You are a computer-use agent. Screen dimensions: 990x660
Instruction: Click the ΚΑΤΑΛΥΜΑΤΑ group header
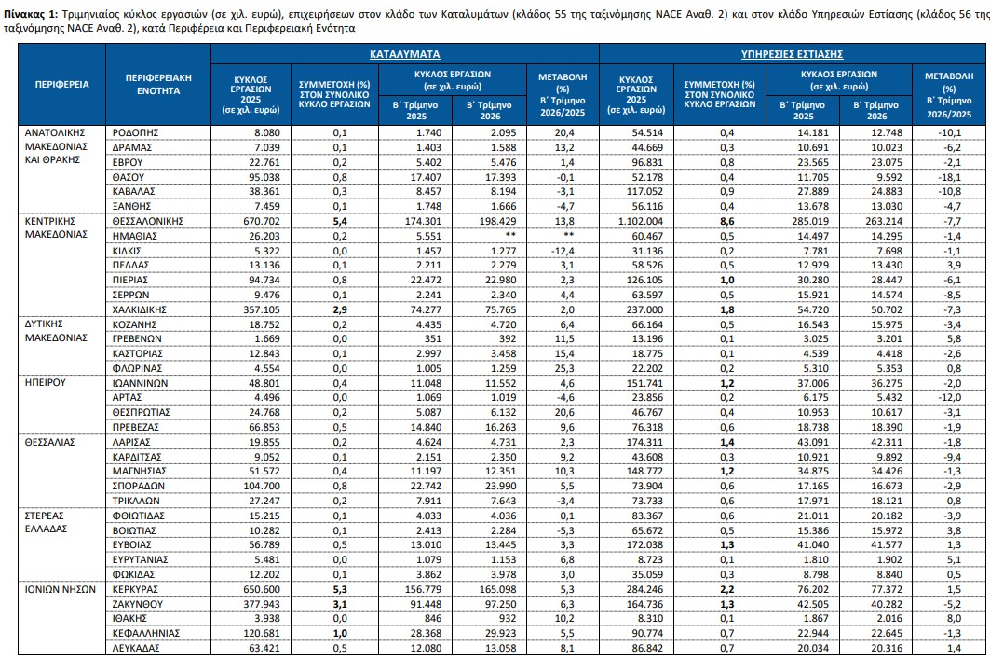tap(405, 54)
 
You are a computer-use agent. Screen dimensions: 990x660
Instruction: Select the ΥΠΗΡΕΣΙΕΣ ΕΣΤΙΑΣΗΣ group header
tap(792, 54)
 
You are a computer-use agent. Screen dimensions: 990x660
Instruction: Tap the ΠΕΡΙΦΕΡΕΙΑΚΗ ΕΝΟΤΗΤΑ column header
tap(158, 84)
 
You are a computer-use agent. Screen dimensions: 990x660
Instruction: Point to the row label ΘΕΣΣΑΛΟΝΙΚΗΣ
tap(148, 221)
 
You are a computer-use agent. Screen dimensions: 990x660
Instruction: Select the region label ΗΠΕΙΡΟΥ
tap(46, 382)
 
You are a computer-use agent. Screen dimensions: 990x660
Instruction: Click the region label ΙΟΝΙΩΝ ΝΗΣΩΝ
tap(61, 589)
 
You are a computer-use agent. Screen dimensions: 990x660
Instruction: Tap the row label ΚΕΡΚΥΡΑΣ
tap(135, 589)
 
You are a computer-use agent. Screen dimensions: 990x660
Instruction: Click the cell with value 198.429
tap(497, 221)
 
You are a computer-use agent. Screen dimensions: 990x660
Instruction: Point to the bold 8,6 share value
tap(726, 221)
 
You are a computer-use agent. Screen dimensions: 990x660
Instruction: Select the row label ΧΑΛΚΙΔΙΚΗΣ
tap(140, 309)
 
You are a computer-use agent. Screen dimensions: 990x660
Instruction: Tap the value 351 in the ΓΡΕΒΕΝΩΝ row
tap(433, 338)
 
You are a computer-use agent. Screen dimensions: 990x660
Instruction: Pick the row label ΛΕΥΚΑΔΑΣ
tap(136, 648)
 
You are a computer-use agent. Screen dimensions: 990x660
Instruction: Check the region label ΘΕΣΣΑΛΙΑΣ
tap(50, 442)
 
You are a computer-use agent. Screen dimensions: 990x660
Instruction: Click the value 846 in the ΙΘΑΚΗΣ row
tap(433, 618)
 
